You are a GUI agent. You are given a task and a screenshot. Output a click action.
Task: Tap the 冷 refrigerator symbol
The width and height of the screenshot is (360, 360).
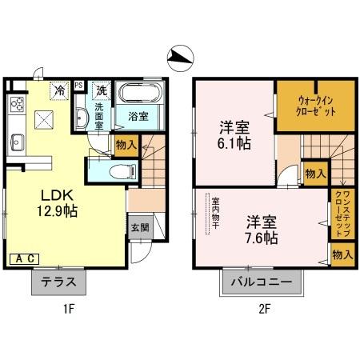pos(59,90)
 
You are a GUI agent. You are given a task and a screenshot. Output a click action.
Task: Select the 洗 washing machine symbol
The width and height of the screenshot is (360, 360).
pos(101,90)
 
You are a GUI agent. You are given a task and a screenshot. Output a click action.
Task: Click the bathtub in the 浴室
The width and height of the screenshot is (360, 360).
pos(141,95)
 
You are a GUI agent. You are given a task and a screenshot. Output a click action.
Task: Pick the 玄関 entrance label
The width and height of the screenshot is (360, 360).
pos(139,227)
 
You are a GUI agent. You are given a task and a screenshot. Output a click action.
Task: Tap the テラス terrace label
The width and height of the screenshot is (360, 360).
pos(58,282)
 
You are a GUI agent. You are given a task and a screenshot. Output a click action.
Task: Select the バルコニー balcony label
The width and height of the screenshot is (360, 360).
pos(262,282)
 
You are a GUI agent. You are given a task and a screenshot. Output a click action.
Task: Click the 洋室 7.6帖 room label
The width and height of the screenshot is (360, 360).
pos(262,229)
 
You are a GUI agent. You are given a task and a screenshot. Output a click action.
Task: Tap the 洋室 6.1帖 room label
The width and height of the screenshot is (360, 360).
pos(234,135)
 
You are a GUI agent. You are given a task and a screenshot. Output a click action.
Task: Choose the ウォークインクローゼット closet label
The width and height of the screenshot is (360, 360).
pos(305,107)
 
